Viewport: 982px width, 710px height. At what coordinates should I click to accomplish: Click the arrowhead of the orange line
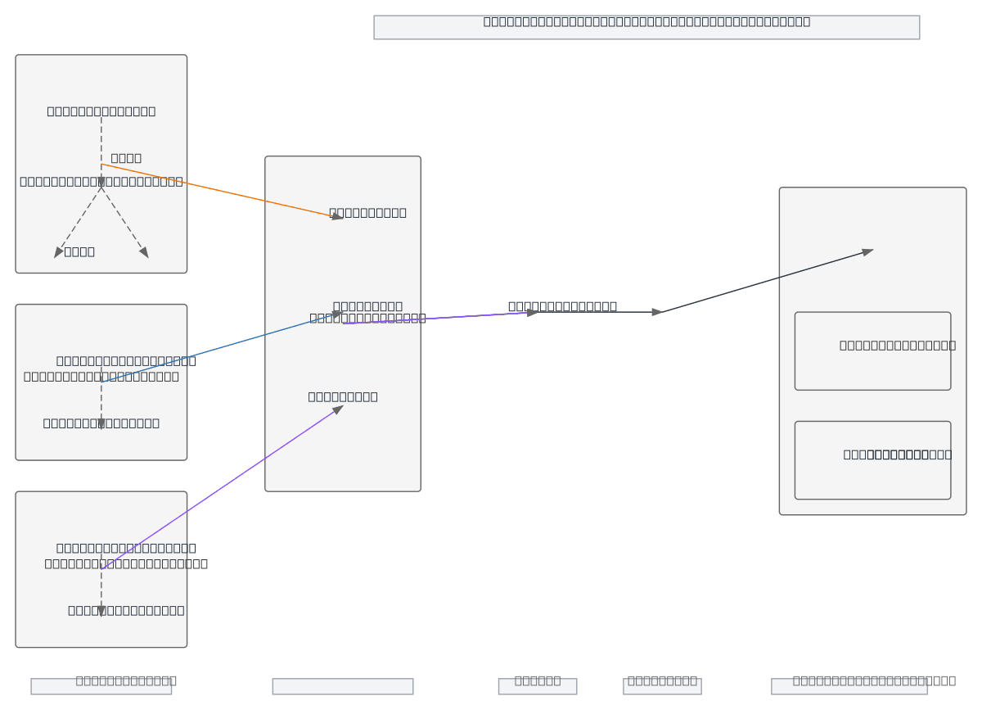tap(337, 217)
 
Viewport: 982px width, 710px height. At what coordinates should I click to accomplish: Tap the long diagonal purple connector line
tap(221, 488)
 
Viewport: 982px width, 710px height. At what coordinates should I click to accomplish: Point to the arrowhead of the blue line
tap(336, 313)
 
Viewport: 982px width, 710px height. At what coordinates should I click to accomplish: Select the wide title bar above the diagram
tap(646, 27)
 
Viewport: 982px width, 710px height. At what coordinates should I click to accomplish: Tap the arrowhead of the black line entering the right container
tap(867, 251)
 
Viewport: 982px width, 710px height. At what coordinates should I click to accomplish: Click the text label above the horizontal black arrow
tap(562, 306)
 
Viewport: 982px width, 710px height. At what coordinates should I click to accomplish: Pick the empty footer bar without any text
tap(342, 686)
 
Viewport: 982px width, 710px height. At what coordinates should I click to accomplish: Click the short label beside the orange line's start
tap(126, 158)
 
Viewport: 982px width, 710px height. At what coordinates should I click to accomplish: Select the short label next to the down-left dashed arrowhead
tap(79, 251)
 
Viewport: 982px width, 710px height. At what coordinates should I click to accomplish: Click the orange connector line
tap(221, 192)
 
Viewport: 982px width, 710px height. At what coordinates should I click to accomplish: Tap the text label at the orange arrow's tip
tap(367, 213)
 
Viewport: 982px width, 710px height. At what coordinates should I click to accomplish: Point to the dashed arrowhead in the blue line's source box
tap(101, 423)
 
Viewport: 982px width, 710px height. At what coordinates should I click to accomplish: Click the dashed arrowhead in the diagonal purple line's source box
tap(101, 610)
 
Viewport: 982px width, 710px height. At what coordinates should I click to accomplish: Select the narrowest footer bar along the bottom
tap(537, 686)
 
